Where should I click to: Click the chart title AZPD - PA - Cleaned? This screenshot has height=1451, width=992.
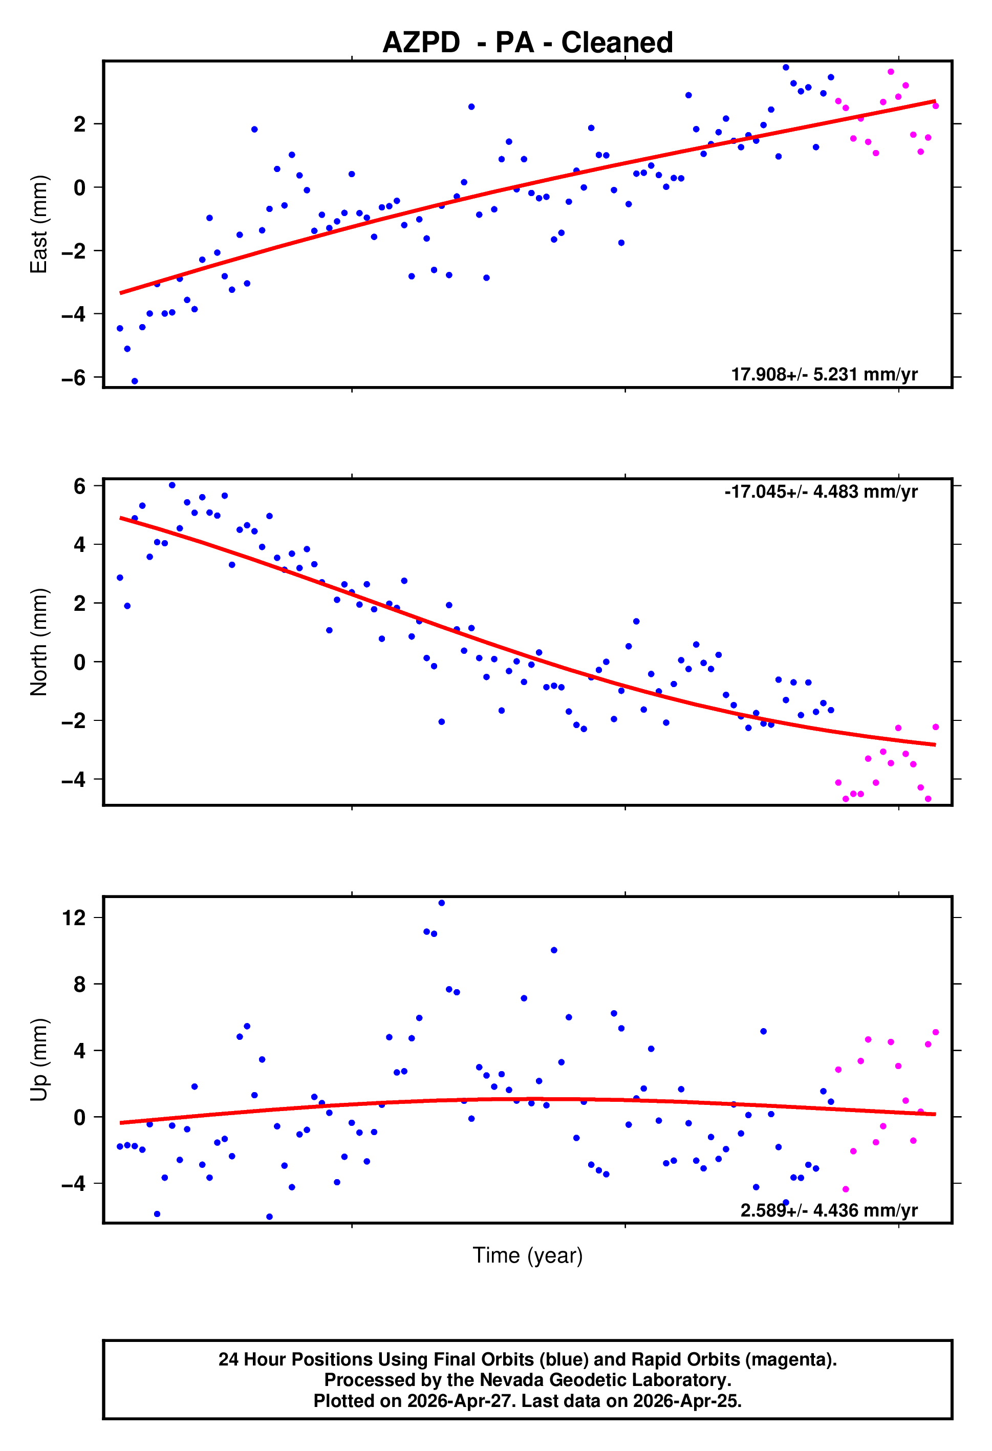[x=528, y=43]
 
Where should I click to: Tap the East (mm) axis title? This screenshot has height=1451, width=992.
[x=39, y=224]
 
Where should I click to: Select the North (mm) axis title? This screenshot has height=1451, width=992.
[x=39, y=642]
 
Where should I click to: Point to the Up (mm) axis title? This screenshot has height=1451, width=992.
[x=39, y=1059]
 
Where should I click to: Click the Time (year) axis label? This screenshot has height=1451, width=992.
[x=528, y=1255]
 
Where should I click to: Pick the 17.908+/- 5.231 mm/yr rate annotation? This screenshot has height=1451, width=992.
[x=824, y=375]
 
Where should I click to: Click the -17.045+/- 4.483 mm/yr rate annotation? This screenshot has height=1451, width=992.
[x=821, y=492]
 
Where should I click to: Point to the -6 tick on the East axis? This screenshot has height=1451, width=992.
[x=74, y=378]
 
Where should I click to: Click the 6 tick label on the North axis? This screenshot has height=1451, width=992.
[x=79, y=486]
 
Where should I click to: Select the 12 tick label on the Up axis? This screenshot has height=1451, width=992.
[x=74, y=918]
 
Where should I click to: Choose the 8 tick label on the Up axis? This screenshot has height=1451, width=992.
[x=79, y=985]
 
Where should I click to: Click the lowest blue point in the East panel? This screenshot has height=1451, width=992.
[x=135, y=381]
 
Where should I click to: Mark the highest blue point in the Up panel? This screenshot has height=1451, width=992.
[x=441, y=903]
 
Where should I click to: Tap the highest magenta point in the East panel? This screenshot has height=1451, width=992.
[x=891, y=72]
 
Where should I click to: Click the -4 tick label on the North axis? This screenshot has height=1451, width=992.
[x=74, y=780]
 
